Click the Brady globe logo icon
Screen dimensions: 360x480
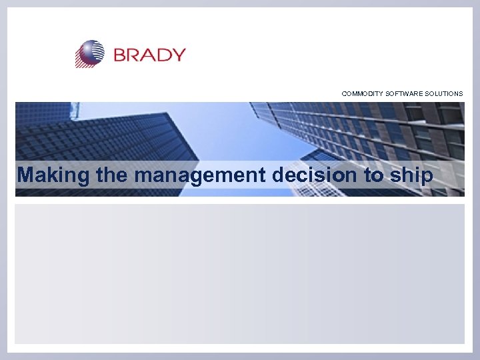click(90, 53)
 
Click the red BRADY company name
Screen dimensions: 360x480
click(149, 54)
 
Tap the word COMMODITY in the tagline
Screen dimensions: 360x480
click(362, 94)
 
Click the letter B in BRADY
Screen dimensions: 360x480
click(121, 54)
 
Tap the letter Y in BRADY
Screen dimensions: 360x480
click(178, 54)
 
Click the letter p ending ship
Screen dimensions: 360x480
click(427, 177)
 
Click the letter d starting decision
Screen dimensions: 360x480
click(280, 175)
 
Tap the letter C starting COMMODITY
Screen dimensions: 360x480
click(345, 94)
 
